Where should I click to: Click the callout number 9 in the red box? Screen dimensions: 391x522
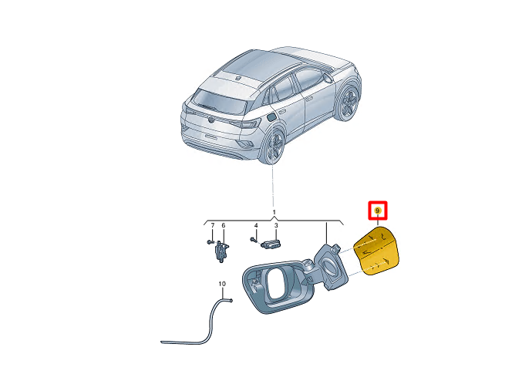pos(378,210)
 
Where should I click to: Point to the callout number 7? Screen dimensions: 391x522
pos(213,226)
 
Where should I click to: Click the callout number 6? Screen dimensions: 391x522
pos(224,226)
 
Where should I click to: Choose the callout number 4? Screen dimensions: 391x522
pos(256,226)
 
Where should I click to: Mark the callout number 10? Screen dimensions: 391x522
pos(223,284)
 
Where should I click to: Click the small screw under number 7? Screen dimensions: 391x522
pos(211,242)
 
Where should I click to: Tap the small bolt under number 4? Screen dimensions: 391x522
pos(254,240)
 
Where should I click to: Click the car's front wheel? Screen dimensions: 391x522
pos(349,102)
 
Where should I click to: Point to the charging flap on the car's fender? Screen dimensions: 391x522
pos(273,117)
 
